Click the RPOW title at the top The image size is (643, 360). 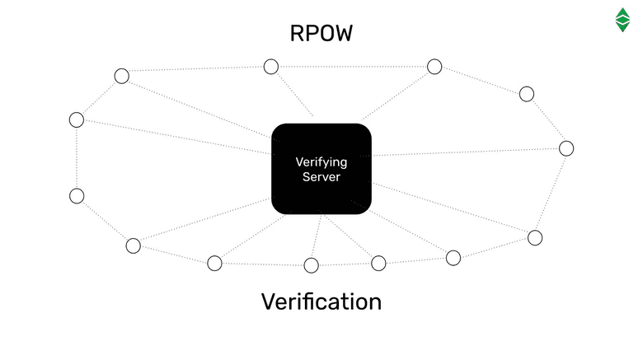click(x=321, y=34)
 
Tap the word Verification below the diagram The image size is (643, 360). click(x=321, y=302)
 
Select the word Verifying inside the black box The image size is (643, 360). click(x=321, y=162)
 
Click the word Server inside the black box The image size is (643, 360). click(x=321, y=176)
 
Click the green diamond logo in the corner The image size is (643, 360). click(x=623, y=20)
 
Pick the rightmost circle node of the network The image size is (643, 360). click(x=566, y=148)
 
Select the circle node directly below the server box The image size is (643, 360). click(x=311, y=265)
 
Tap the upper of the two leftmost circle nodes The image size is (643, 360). click(x=77, y=120)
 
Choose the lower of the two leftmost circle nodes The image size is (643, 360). click(x=77, y=196)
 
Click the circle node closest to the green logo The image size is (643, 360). click(x=527, y=94)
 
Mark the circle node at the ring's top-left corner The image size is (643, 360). click(x=121, y=77)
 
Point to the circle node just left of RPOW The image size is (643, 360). click(x=270, y=67)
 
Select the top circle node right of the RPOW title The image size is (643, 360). click(x=434, y=67)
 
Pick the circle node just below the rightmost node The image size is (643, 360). click(x=535, y=238)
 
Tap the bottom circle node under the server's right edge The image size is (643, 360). click(x=378, y=264)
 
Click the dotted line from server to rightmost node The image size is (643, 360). click(x=470, y=152)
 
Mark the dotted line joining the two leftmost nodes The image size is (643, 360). click(x=77, y=158)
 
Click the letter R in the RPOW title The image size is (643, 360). click(x=298, y=34)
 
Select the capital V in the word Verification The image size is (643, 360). click(x=270, y=302)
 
